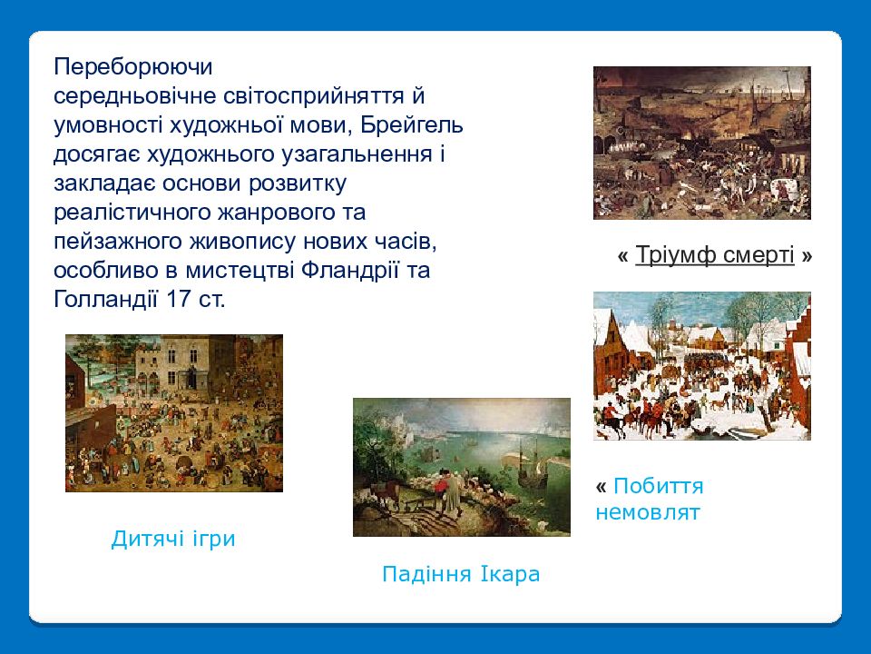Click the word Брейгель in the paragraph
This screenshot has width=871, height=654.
click(412, 125)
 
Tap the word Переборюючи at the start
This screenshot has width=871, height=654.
click(133, 67)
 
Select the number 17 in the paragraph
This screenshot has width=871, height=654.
click(179, 299)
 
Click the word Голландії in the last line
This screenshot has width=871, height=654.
click(106, 299)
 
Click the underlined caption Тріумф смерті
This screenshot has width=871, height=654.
click(714, 254)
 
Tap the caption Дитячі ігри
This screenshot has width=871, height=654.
click(173, 539)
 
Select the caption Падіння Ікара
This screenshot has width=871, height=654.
click(461, 573)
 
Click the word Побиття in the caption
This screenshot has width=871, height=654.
click(659, 486)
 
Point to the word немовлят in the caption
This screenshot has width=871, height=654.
click(648, 511)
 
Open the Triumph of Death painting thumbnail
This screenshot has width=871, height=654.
click(702, 143)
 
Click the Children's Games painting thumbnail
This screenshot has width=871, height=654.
click(174, 413)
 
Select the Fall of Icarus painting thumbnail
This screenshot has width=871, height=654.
click(462, 467)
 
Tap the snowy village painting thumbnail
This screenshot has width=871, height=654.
click(702, 366)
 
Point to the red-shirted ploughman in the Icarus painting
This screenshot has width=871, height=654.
click(441, 485)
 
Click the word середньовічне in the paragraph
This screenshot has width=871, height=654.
click(135, 96)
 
